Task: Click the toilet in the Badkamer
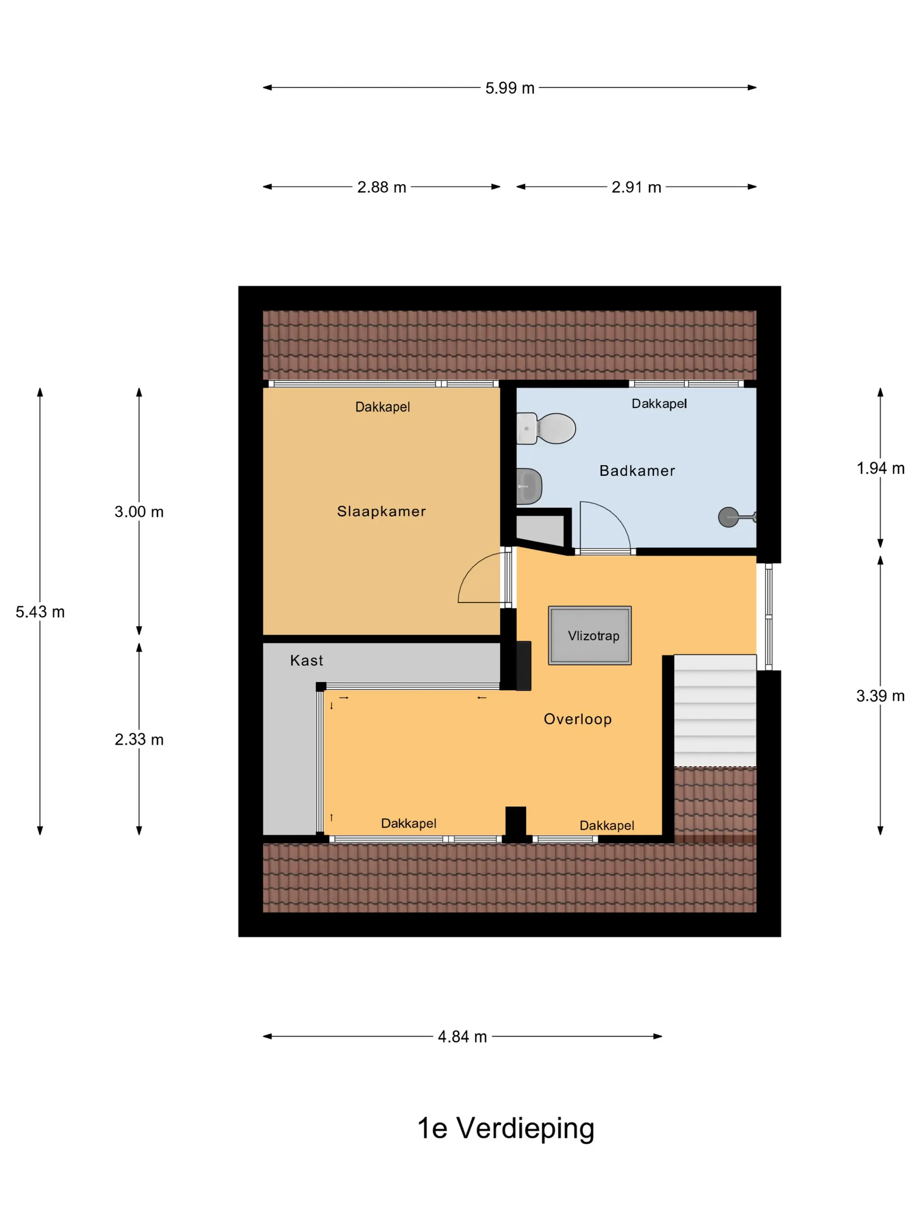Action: point(546,428)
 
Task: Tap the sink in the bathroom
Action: point(528,486)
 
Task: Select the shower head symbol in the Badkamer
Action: point(736,517)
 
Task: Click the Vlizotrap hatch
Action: point(590,635)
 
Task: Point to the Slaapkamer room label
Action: point(382,511)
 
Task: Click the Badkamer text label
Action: point(637,471)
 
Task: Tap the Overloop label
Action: point(578,719)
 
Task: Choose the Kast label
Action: point(307,660)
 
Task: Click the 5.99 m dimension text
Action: point(510,88)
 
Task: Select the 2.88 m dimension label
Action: point(382,187)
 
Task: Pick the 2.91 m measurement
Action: point(637,187)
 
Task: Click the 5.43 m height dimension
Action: point(40,612)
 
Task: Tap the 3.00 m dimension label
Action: point(139,511)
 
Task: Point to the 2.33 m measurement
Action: point(139,740)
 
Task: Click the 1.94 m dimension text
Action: point(881,469)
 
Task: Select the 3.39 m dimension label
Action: point(881,696)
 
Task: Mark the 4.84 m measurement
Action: point(463,1036)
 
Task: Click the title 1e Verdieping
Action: point(506,1128)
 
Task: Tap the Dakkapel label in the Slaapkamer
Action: point(382,407)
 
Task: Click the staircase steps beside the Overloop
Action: point(715,711)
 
